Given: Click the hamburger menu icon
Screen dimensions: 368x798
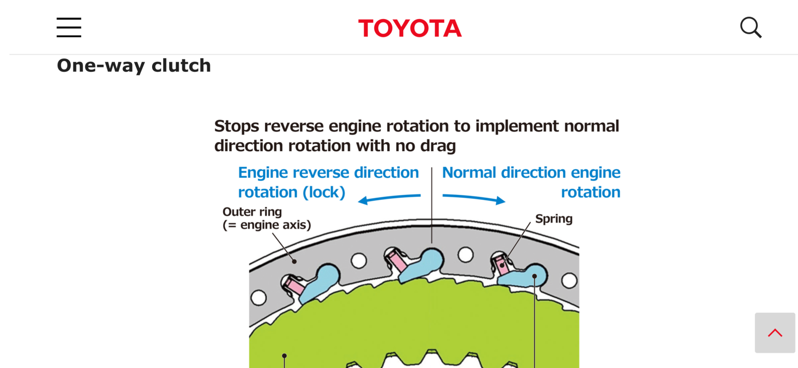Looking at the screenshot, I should (69, 27).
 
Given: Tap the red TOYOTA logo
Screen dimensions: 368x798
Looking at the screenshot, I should (410, 28).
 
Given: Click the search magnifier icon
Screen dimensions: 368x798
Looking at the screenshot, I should (751, 27).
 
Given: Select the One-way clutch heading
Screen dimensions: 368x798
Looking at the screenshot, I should (134, 66).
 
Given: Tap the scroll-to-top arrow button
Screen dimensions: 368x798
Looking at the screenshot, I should (775, 333).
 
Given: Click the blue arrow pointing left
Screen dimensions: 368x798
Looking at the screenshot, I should (389, 199).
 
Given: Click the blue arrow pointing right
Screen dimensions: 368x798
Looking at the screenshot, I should (474, 198).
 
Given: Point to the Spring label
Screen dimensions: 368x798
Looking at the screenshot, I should (554, 218).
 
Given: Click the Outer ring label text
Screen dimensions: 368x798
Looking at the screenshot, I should (252, 212).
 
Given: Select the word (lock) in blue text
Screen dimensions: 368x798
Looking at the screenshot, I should (324, 192).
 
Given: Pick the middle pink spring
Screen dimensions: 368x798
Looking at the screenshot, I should (397, 262).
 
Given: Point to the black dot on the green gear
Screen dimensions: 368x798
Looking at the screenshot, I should (284, 356).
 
